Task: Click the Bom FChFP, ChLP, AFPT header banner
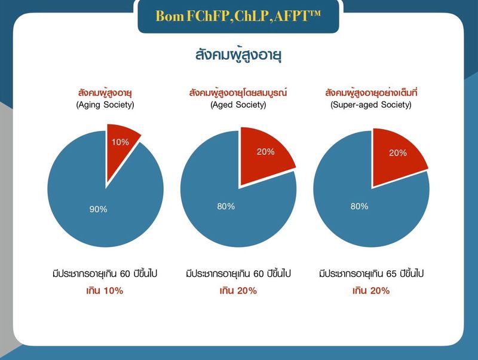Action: coord(238,16)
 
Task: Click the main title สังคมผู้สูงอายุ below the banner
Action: coord(238,54)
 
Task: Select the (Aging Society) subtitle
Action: coord(105,105)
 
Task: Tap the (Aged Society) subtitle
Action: coord(238,105)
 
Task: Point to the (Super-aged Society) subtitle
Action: coord(371,105)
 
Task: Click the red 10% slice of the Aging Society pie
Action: coord(121,144)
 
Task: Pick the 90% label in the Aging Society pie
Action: coord(98,209)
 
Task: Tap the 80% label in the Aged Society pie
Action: coord(226,206)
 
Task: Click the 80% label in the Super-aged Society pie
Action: coord(359,206)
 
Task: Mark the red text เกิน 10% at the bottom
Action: coord(105,291)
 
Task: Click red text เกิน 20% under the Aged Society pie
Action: coord(238,291)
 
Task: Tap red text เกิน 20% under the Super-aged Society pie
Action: coord(371,291)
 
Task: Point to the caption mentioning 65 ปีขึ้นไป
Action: coord(371,274)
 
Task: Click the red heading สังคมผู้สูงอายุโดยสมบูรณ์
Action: coord(238,93)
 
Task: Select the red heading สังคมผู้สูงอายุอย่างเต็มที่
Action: coord(371,93)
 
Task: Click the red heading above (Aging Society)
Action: coord(105,93)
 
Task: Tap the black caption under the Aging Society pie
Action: coord(105,274)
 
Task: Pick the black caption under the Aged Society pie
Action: coord(238,274)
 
